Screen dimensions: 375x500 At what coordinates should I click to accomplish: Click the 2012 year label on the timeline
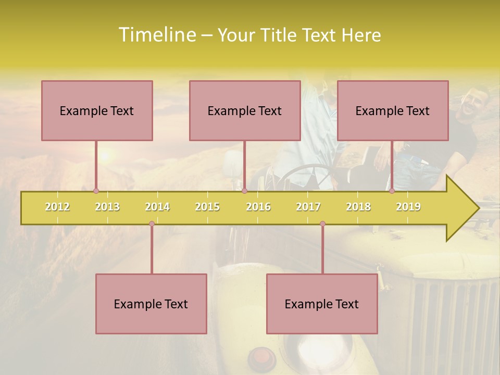coord(57,207)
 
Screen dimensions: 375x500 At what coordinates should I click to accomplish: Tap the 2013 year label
coord(107,207)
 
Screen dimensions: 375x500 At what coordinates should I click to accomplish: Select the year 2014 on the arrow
coord(157,207)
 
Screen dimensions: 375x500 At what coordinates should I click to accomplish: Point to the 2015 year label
coord(207,207)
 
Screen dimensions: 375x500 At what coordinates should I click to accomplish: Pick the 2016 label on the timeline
coord(258,207)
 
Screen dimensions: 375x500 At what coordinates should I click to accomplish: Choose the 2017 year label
coord(308,207)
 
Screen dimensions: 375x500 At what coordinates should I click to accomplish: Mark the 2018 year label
coord(358,207)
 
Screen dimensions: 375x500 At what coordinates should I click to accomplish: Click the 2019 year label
coord(408,207)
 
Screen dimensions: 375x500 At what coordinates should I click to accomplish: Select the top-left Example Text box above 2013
coord(97,110)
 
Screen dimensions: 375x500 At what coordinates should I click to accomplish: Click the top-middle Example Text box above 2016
coord(245,110)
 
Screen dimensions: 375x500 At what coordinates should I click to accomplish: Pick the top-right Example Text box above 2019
coord(393,110)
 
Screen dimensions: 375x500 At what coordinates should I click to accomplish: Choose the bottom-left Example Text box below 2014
coord(151,304)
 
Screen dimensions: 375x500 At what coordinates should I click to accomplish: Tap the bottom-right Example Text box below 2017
coord(322,304)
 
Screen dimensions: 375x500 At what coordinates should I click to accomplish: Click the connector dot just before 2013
coord(96,191)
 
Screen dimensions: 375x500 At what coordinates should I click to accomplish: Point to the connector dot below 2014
coord(152,224)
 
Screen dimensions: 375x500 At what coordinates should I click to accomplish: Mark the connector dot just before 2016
coord(244,191)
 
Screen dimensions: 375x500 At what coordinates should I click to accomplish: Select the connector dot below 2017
coord(322,224)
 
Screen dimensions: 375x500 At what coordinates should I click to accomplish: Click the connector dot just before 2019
coord(392,191)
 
